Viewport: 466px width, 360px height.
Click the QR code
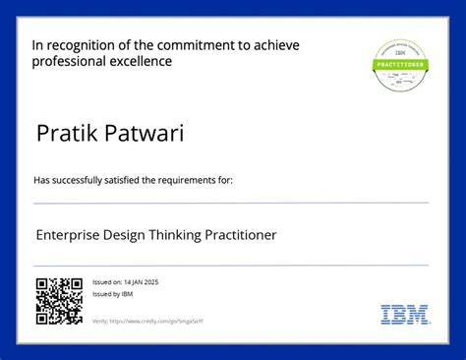point(58,301)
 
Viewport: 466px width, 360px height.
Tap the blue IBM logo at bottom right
point(404,315)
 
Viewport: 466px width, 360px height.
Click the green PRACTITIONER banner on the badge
point(400,64)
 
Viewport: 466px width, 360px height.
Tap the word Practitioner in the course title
point(243,235)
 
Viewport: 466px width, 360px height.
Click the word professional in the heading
point(70,61)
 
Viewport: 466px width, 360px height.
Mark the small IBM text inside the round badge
point(400,53)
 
